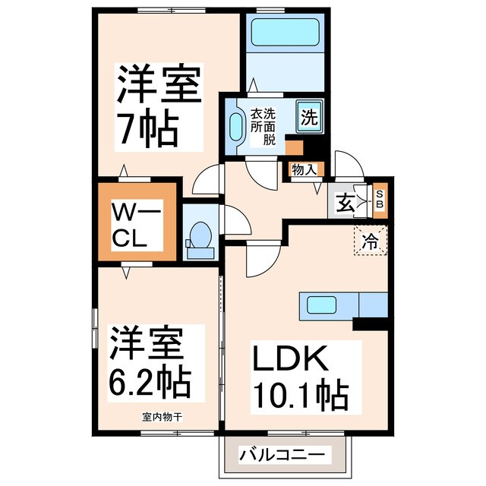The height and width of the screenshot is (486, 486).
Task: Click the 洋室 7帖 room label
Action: tap(158, 106)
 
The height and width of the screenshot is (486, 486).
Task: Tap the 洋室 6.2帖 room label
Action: tap(148, 363)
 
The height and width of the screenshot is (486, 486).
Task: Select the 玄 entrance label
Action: tap(346, 203)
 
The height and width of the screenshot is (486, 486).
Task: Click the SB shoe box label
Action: tap(381, 200)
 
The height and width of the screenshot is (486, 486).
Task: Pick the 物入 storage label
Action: tap(304, 170)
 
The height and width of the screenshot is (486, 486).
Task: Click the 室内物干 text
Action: tap(161, 417)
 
